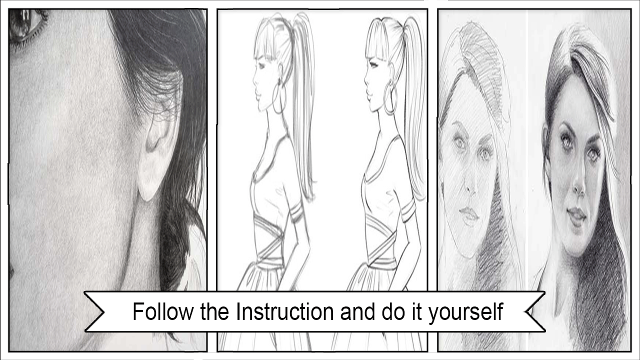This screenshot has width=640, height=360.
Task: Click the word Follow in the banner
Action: coord(163,311)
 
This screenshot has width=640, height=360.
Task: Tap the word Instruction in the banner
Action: coord(285,311)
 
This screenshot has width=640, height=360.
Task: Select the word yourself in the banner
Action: coord(465,313)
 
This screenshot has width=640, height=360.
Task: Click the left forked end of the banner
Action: coord(94,312)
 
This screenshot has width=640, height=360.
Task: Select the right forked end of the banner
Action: coord(535,312)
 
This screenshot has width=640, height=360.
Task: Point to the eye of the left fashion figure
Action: coord(261,65)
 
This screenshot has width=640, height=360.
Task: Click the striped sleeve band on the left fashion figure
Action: coord(296,212)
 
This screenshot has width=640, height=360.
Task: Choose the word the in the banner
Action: coord(214,311)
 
